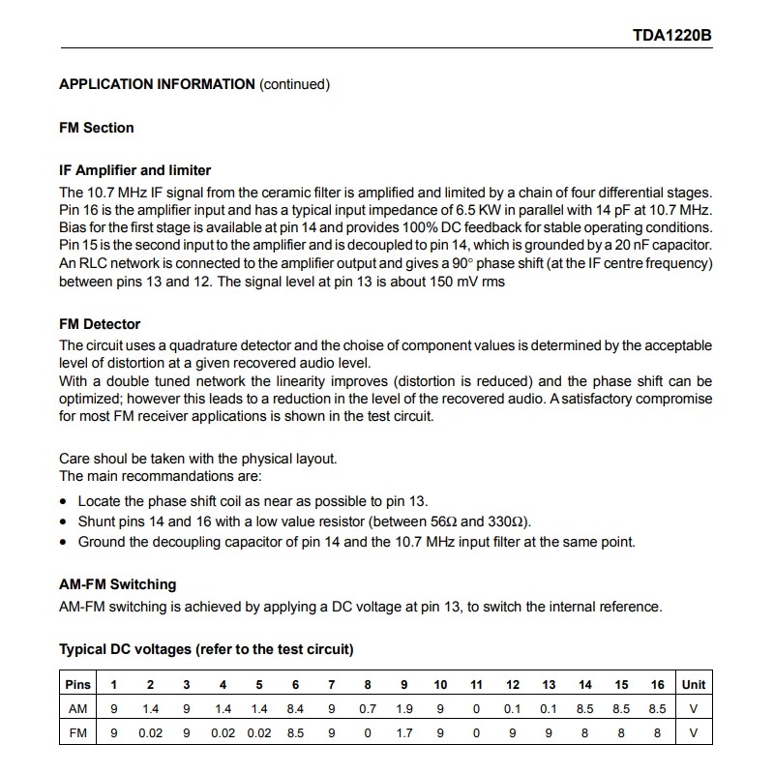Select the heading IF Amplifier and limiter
tap(135, 170)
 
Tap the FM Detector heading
tap(100, 324)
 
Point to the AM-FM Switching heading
tap(118, 584)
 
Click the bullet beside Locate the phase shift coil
tap(64, 501)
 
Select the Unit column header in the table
tap(694, 684)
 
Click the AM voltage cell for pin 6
tap(295, 708)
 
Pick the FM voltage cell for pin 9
tap(403, 732)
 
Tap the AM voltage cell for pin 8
tap(368, 708)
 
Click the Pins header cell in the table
tap(77, 684)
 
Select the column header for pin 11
tap(476, 684)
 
